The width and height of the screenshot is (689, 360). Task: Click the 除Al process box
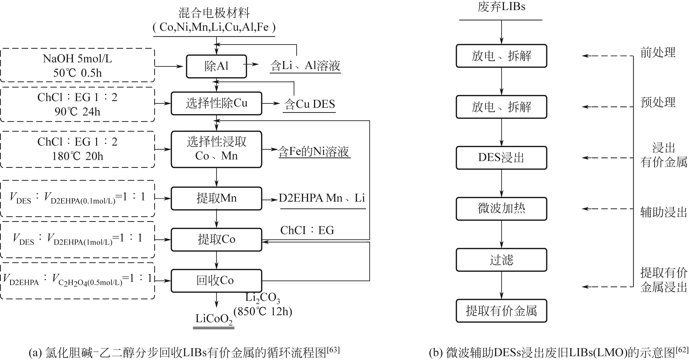216,66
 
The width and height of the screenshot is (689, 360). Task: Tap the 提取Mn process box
216,198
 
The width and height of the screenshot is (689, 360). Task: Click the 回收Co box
216,280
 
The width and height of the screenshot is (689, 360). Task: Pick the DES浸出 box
501,158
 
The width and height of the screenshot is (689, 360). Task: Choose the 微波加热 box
501,209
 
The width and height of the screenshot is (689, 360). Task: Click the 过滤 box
501,260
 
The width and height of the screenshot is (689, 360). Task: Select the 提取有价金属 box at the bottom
501,311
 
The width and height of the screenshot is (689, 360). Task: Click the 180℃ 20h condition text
77,156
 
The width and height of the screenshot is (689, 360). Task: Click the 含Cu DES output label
309,104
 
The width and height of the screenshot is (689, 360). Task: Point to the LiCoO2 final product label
214,319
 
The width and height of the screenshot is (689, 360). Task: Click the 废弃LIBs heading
501,7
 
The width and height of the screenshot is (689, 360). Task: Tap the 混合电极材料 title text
214,13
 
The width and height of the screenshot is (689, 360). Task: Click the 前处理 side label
658,52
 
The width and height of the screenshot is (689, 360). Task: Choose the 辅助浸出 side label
663,212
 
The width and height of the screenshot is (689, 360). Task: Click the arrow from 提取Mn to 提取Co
216,219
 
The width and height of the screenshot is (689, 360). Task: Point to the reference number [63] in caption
333,350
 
